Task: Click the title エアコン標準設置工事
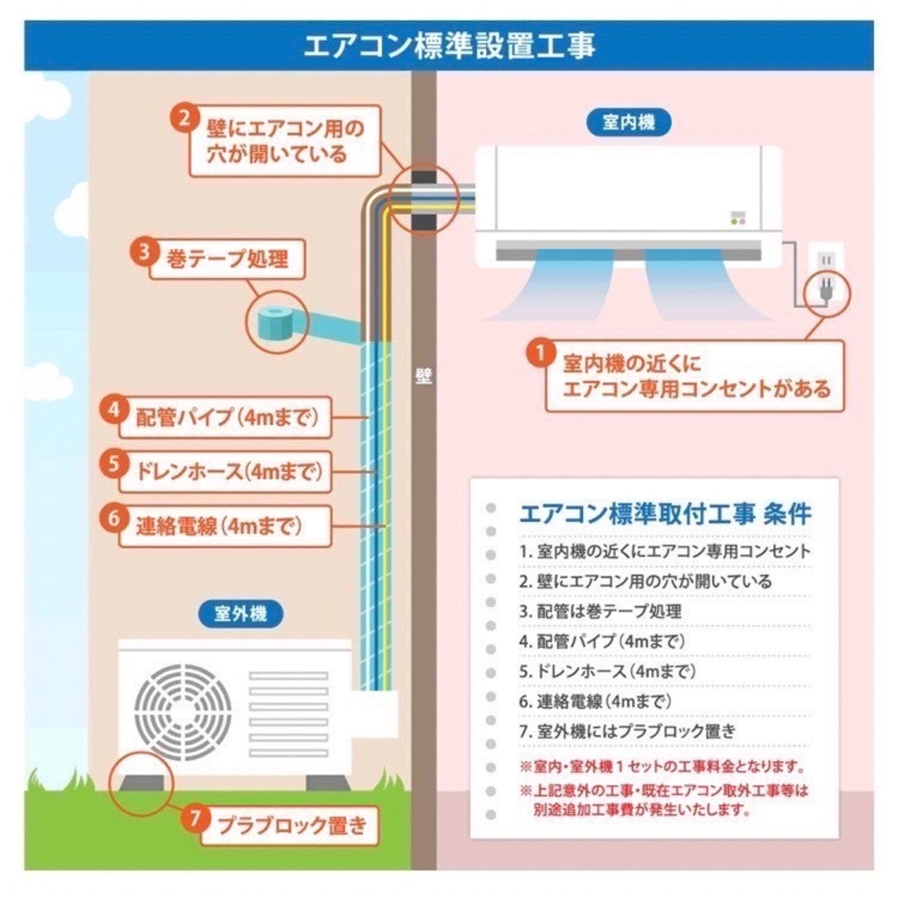449,46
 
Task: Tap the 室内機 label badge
628,123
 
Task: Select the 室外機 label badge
240,614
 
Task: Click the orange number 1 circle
541,354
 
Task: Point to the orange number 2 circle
184,117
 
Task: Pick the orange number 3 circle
145,251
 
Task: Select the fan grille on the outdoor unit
183,708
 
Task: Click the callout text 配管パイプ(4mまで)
227,417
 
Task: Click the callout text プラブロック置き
291,825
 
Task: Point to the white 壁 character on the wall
423,377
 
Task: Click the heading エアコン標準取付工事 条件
664,514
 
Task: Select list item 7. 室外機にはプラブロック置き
628,731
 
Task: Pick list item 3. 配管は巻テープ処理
601,611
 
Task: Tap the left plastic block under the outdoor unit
144,782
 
